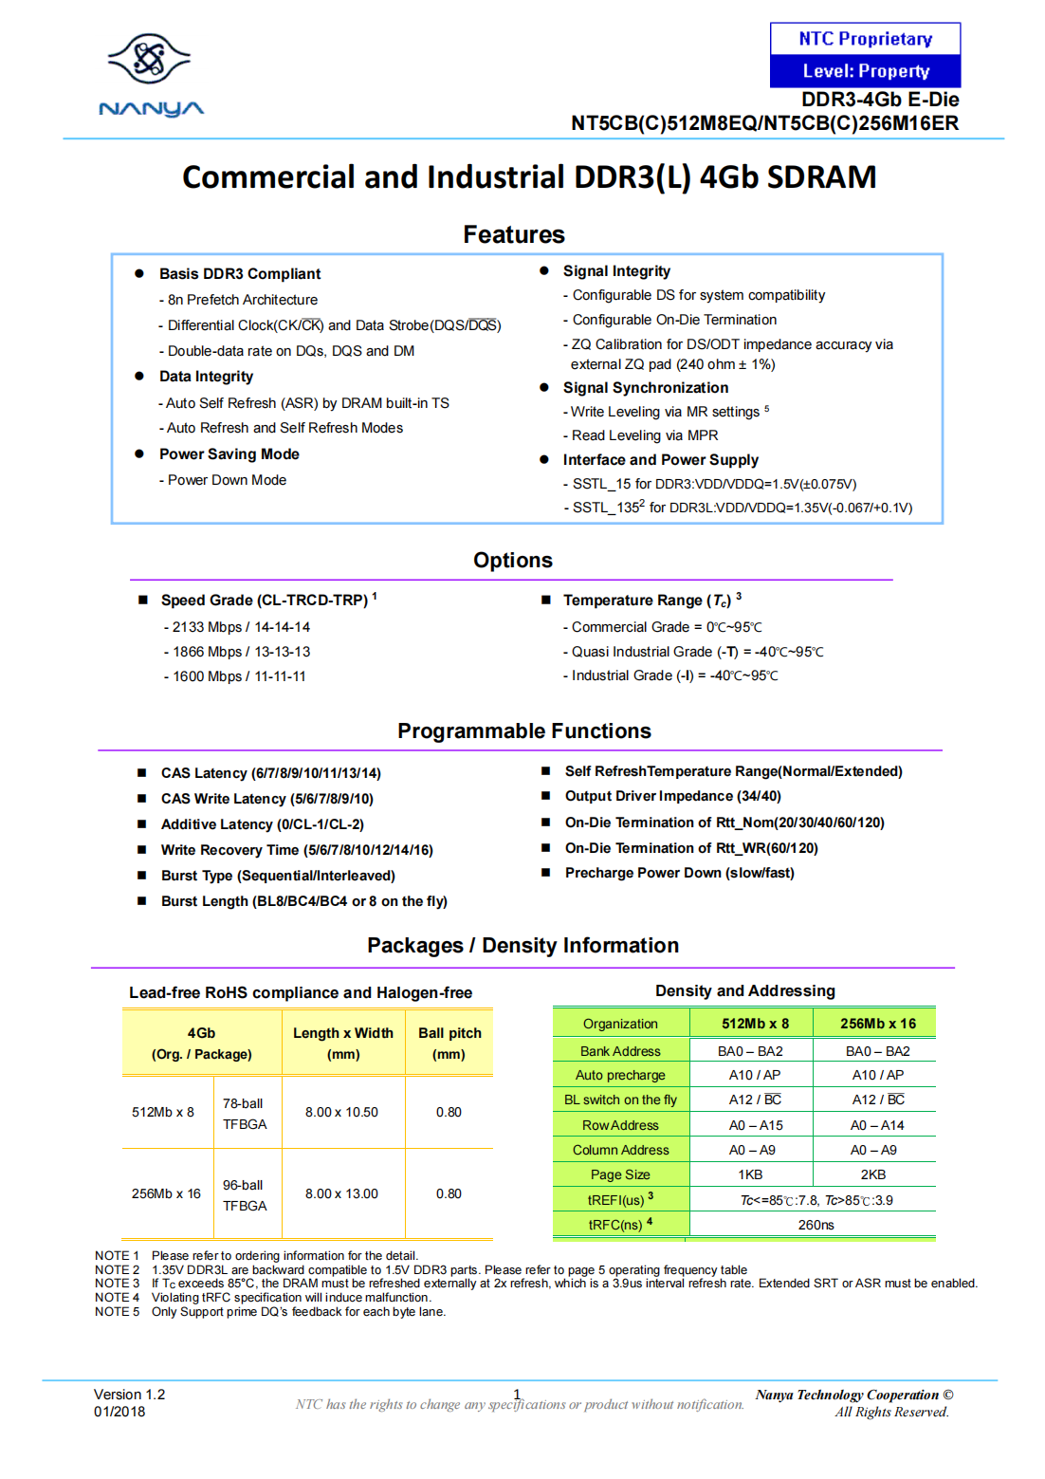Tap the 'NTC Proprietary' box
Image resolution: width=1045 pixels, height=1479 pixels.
coord(865,39)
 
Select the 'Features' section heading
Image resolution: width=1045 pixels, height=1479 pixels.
coord(513,234)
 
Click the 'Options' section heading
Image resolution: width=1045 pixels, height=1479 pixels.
coord(512,560)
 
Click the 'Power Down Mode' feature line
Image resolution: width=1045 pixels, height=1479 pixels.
coord(227,480)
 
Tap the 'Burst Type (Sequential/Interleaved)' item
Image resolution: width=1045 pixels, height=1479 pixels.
coord(277,876)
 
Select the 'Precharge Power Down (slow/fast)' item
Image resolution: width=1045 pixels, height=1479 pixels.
coord(679,873)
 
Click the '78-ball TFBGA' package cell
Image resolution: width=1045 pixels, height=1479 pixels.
coord(245,1114)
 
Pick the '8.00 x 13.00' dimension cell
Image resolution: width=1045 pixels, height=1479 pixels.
coord(341,1193)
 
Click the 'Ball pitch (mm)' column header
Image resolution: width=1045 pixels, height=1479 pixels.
coord(449,1044)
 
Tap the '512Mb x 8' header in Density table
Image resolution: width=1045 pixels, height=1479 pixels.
coord(755,1024)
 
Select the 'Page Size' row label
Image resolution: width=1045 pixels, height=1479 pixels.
coord(620,1174)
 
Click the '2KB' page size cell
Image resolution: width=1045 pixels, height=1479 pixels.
coord(872,1174)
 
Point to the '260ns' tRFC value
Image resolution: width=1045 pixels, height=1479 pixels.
coord(816,1225)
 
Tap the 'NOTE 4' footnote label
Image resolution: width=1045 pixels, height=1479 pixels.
coord(117,1298)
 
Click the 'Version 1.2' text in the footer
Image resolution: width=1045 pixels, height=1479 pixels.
coord(129,1395)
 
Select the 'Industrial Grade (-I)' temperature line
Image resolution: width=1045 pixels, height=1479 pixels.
coord(671,675)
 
